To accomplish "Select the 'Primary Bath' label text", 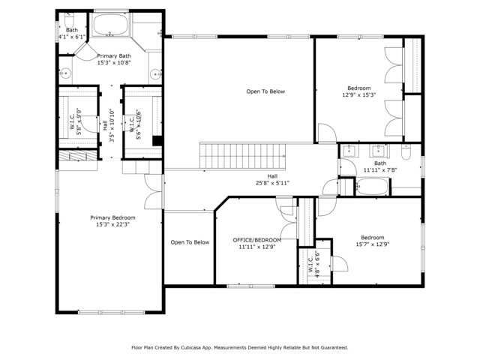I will click(x=114, y=55).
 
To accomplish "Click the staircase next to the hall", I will click(x=242, y=156).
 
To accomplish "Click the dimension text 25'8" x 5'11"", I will click(x=272, y=182).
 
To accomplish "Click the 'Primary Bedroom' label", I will click(x=113, y=217).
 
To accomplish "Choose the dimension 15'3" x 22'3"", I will click(x=113, y=224).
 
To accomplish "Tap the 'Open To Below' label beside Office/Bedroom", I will click(x=190, y=242).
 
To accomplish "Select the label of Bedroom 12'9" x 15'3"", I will click(x=358, y=88).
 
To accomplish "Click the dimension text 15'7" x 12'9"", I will click(x=372, y=243).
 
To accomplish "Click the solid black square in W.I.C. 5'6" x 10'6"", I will click(x=157, y=140).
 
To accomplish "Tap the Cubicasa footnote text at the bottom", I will click(x=240, y=347).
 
